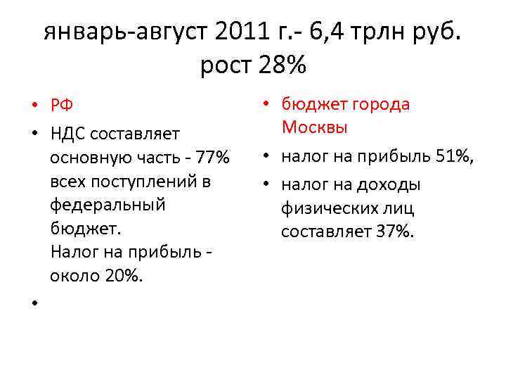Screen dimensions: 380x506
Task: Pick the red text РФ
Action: pos(61,106)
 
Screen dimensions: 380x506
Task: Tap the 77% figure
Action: pos(212,158)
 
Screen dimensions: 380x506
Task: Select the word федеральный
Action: pos(108,205)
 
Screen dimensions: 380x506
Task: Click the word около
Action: pos(74,276)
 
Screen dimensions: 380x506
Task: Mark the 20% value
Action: pos(124,276)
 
